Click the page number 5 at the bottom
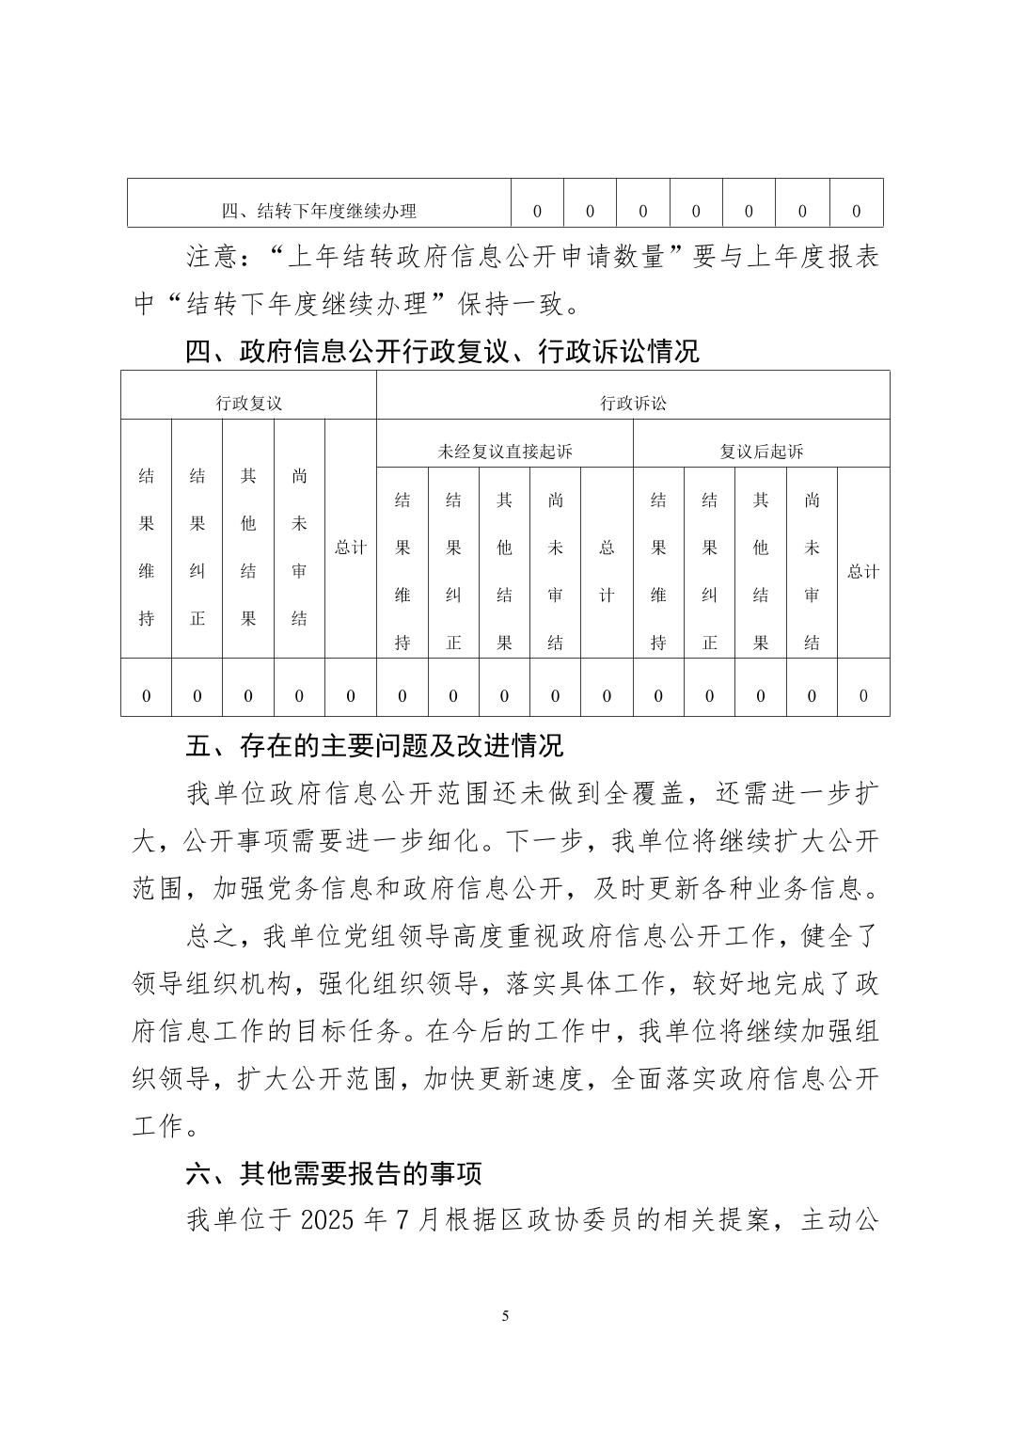(505, 1314)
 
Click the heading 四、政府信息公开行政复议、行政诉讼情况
(442, 352)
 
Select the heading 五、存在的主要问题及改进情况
(374, 746)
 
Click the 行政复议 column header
(248, 404)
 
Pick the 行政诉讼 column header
(633, 404)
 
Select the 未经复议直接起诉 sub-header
(504, 452)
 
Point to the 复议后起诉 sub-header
(761, 452)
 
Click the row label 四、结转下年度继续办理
(318, 211)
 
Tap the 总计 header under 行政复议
(351, 547)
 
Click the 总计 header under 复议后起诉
(862, 571)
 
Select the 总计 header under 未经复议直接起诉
(607, 571)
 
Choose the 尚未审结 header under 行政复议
(299, 547)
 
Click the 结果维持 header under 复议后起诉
(658, 571)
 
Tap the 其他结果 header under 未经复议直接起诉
(504, 571)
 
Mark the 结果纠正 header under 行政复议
(197, 547)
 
